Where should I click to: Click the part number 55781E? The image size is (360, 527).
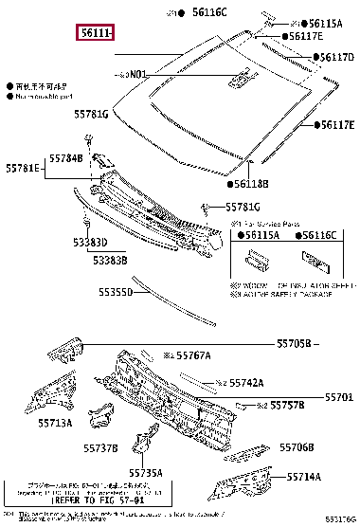click(22, 168)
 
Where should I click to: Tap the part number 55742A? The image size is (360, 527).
click(244, 383)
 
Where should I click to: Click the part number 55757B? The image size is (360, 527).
click(285, 405)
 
